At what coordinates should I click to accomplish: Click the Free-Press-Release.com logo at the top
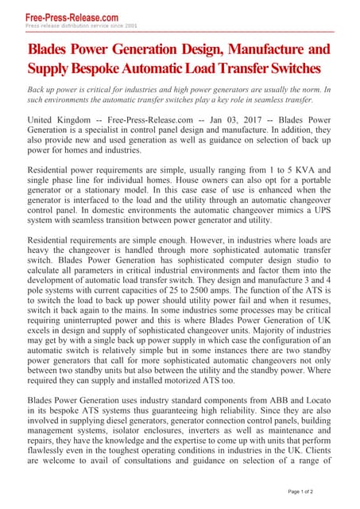[72, 16]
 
